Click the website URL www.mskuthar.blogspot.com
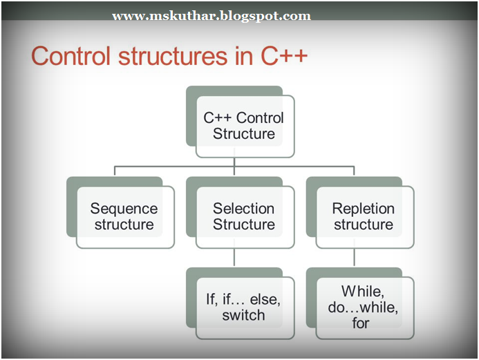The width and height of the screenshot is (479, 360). coord(212,16)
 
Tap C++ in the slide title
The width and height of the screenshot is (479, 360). coord(283,57)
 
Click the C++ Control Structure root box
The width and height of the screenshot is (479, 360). coord(243,126)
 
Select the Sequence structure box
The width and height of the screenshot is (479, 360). coord(124,216)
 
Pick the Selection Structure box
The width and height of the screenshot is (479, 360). coord(243,216)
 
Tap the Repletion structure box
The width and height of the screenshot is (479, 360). coord(363,216)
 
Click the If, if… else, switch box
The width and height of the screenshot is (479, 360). coord(243,307)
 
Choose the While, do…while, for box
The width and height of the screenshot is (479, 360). coord(363,307)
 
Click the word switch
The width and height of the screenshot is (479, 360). coord(243,316)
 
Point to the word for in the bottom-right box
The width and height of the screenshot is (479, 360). coord(361,323)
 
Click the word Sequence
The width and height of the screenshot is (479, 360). coord(124,208)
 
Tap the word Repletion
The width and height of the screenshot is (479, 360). coord(363,208)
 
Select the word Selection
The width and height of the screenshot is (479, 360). coord(243,208)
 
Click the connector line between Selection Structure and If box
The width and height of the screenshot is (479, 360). coord(235,258)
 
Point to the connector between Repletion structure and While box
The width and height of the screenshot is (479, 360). coord(355,258)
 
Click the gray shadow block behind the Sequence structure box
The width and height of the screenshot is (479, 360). coord(75,207)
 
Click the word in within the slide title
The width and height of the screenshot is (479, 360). coord(243,57)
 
